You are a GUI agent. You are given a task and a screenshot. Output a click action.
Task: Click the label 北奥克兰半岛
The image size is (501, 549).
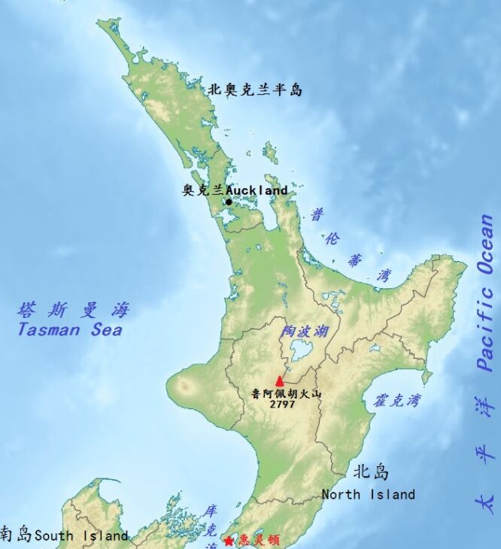255,90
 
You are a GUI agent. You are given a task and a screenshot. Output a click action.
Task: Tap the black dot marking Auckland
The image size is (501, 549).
229,202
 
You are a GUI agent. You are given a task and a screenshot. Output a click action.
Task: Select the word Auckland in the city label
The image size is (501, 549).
257,191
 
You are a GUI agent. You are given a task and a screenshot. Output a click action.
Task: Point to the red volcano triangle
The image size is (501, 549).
280,381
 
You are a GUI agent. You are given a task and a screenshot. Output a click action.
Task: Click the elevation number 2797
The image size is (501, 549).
283,404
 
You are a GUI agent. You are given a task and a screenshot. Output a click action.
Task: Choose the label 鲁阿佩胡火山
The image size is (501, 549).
286,393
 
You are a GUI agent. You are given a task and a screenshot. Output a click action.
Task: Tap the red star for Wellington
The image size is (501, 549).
229,541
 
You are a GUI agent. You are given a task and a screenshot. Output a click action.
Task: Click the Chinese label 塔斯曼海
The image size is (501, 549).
74,310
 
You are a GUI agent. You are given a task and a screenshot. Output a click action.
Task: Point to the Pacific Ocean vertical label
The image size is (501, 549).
487,293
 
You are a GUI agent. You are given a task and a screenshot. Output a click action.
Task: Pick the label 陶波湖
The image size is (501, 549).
305,331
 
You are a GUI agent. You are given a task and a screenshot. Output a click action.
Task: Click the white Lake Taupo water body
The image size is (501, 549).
302,350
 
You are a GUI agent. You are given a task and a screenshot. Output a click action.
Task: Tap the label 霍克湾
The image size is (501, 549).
396,400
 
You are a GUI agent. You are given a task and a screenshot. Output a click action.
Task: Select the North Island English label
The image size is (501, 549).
368,494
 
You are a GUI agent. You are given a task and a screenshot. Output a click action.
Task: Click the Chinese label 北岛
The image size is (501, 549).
372,472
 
